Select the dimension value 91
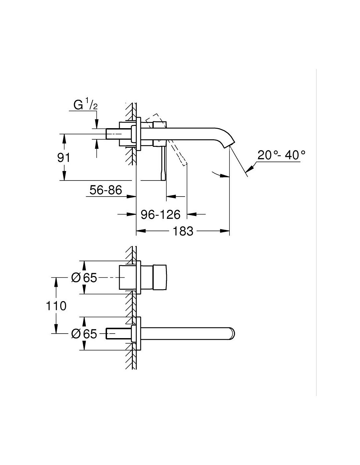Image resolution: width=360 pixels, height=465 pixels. (63, 158)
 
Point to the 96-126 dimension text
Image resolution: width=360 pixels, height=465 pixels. (160, 215)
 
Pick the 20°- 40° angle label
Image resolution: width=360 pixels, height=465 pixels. (281, 155)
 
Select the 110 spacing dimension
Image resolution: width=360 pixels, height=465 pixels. (56, 306)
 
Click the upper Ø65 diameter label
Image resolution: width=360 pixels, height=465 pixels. (84, 278)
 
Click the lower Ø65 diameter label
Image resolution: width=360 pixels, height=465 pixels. (84, 334)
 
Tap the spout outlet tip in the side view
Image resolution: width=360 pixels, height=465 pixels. (230, 144)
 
